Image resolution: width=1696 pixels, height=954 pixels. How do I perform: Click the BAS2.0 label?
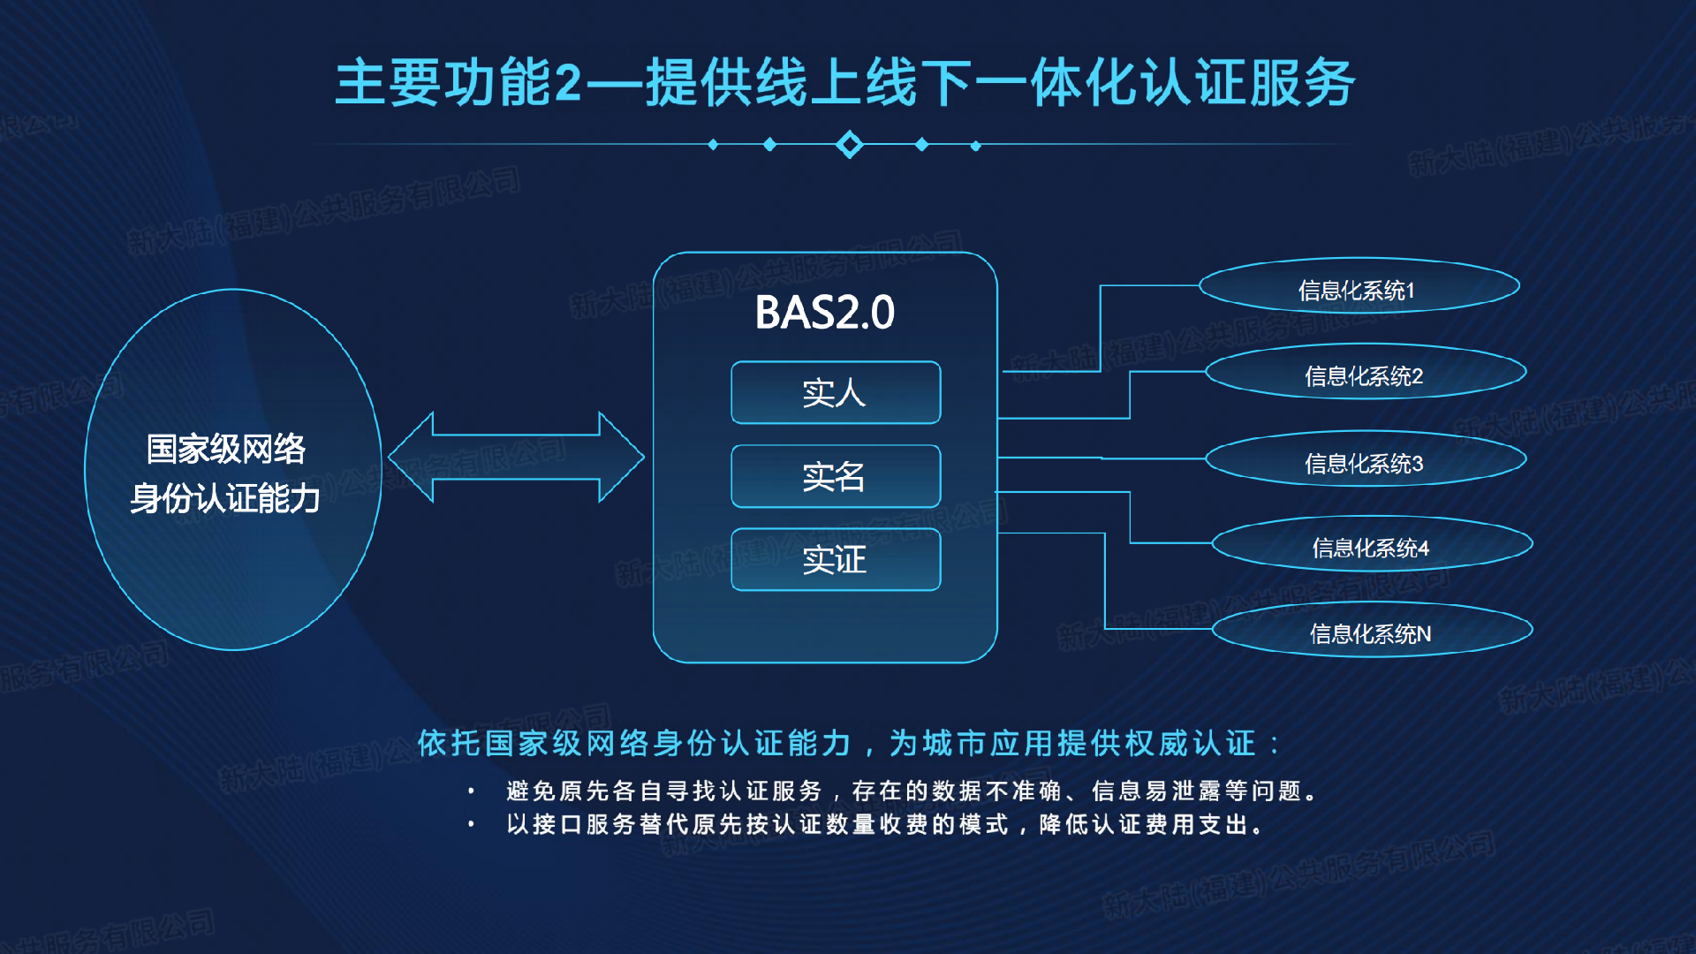pos(824,313)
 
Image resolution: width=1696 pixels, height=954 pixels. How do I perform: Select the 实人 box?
pos(836,392)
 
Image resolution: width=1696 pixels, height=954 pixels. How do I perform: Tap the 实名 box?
pos(836,476)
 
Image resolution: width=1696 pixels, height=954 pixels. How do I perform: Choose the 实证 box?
pos(836,559)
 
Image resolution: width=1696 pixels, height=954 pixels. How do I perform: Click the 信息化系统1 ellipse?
pos(1359,287)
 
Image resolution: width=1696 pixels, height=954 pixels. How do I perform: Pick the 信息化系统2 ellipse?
pos(1366,373)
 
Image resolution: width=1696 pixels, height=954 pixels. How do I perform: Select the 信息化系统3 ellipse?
pos(1366,459)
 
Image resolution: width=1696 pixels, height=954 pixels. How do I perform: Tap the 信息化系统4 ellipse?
pos(1372,545)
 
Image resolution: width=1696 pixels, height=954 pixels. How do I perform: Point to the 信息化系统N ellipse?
pos(1372,631)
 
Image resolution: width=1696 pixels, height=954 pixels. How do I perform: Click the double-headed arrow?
pos(516,457)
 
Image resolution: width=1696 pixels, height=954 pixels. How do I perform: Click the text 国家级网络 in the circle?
pos(226,449)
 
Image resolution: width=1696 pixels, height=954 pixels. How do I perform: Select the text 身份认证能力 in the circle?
pos(225,498)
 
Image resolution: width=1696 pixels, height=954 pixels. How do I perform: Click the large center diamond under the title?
pos(849,144)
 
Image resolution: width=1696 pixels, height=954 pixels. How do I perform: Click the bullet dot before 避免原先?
pos(472,791)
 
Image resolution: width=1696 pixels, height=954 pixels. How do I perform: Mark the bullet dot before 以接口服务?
pos(472,824)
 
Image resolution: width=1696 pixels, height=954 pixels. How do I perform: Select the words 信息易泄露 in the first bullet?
pos(1156,791)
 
